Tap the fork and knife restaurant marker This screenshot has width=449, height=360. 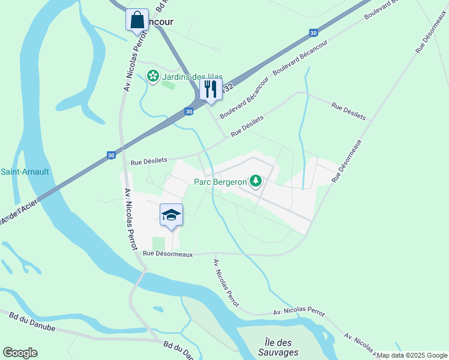(211, 89)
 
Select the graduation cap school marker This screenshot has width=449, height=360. (171, 215)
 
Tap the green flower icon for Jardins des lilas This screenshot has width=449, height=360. (153, 76)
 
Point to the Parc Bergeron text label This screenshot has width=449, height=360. (220, 181)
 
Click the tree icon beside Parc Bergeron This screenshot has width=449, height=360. (256, 180)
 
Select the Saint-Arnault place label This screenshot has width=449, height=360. (25, 172)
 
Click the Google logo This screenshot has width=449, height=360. (20, 353)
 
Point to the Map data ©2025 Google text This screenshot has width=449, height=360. (412, 355)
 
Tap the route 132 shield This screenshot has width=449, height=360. (228, 88)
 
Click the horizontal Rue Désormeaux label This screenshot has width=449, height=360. (168, 254)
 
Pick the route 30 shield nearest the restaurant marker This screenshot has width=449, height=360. (189, 112)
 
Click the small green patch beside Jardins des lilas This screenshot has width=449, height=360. (168, 85)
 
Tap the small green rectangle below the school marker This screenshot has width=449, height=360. (158, 243)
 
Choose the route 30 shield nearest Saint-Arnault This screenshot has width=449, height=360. (111, 155)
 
